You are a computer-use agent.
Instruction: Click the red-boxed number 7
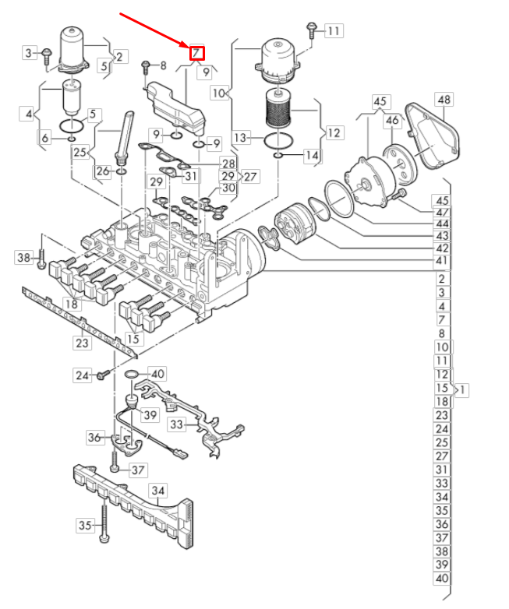[x=197, y=53]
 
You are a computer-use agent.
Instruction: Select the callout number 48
[x=444, y=100]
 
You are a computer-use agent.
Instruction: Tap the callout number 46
[x=392, y=120]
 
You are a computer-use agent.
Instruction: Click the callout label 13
[x=241, y=138]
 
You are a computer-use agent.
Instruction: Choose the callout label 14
[x=312, y=156]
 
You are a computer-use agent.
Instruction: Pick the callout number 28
[x=228, y=164]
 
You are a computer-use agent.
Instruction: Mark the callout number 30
[x=228, y=188]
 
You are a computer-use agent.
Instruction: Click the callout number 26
[x=103, y=171]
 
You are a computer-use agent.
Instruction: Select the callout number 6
[x=45, y=138]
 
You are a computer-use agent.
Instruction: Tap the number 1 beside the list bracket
[x=464, y=389]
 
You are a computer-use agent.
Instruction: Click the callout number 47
[x=442, y=212]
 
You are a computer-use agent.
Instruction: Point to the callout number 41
[x=442, y=260]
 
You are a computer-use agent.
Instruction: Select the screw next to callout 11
[x=311, y=30]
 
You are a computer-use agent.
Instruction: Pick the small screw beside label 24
[x=101, y=375]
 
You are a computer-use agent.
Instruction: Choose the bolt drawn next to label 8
[x=145, y=68]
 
